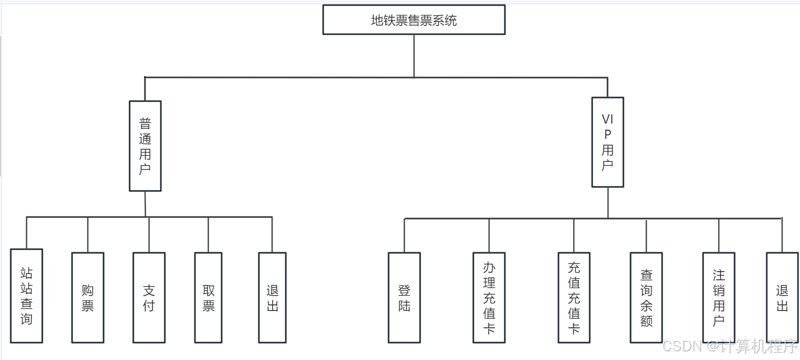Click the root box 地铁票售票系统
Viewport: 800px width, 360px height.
point(414,20)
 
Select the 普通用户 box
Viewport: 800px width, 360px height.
point(145,146)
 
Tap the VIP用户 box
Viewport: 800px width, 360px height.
point(608,142)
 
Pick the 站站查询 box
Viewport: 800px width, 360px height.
point(27,296)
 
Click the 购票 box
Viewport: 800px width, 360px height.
point(88,298)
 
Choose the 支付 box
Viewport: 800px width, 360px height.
point(149,298)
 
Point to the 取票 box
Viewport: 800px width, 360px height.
point(208,298)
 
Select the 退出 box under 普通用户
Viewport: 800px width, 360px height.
point(272,298)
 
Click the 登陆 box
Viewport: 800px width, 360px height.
point(404,298)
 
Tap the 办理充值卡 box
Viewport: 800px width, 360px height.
point(489,298)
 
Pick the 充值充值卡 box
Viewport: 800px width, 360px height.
point(574,298)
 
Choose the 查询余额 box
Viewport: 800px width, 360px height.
point(646,298)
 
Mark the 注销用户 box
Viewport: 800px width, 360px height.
point(719,298)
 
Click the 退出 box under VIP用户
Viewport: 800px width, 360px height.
point(782,298)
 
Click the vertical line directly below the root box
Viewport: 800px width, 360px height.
point(414,56)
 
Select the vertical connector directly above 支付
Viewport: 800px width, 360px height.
point(149,235)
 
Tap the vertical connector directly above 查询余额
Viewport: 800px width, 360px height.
point(646,236)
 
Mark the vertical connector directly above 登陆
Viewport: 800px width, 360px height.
point(404,236)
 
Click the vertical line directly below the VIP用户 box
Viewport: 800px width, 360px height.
point(608,203)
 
